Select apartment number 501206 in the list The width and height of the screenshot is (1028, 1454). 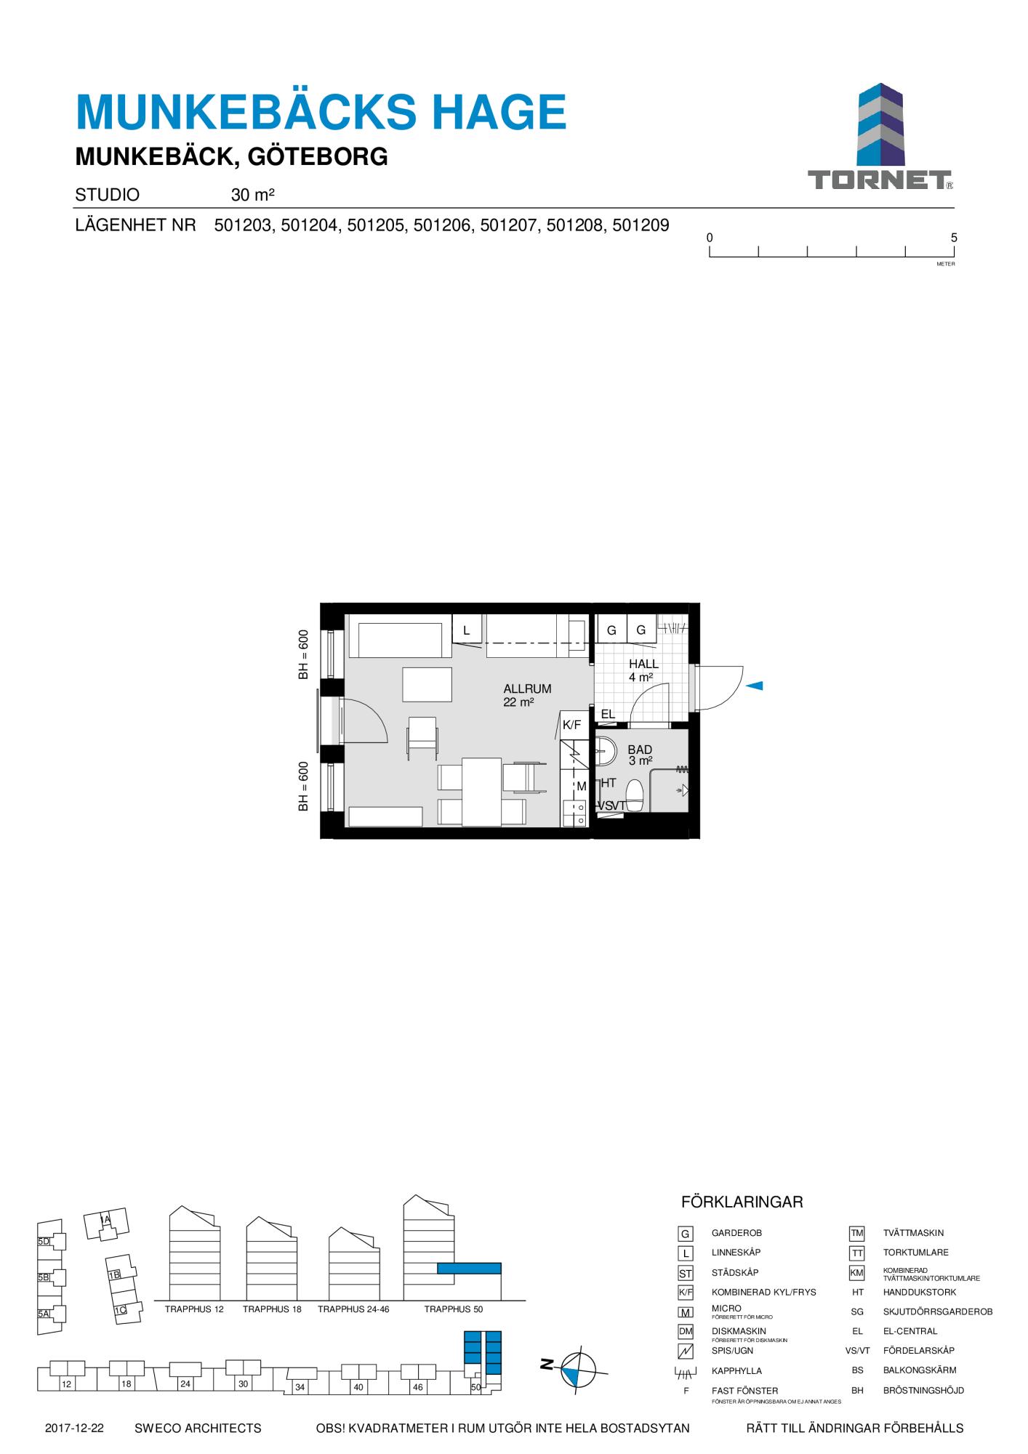pyautogui.click(x=443, y=225)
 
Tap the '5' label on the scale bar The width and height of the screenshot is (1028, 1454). pyautogui.click(x=954, y=238)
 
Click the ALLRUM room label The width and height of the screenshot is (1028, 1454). pyautogui.click(x=527, y=689)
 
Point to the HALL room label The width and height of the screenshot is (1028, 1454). pyautogui.click(x=643, y=664)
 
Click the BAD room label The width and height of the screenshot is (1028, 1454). pyautogui.click(x=640, y=750)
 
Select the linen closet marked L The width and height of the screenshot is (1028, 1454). pyautogui.click(x=467, y=630)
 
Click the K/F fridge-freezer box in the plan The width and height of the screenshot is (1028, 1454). pyautogui.click(x=572, y=725)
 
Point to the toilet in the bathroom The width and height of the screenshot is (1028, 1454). pyautogui.click(x=634, y=795)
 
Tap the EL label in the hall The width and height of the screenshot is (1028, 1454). pyautogui.click(x=608, y=714)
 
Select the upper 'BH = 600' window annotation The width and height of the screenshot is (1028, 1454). pyautogui.click(x=304, y=654)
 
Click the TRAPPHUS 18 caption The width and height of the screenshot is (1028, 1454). pyautogui.click(x=272, y=1309)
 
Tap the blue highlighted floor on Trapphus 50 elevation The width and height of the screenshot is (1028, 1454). pyautogui.click(x=469, y=1269)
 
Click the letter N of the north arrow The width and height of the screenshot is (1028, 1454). pyautogui.click(x=547, y=1364)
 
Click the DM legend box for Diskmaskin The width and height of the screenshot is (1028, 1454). pyautogui.click(x=685, y=1331)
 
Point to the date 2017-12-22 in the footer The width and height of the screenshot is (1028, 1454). pyautogui.click(x=74, y=1429)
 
